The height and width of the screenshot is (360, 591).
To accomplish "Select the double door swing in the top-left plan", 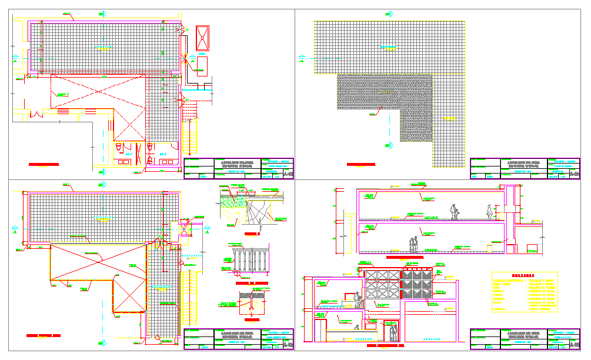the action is [35, 114].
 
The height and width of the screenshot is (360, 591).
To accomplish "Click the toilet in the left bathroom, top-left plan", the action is [118, 145].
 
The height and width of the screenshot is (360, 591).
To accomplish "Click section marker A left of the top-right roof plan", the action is [302, 58].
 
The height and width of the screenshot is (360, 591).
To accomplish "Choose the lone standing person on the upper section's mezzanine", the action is [489, 212].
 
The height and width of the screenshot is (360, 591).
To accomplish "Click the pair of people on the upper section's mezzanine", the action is [453, 212].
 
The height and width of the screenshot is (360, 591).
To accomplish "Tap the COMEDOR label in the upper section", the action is [431, 251].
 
